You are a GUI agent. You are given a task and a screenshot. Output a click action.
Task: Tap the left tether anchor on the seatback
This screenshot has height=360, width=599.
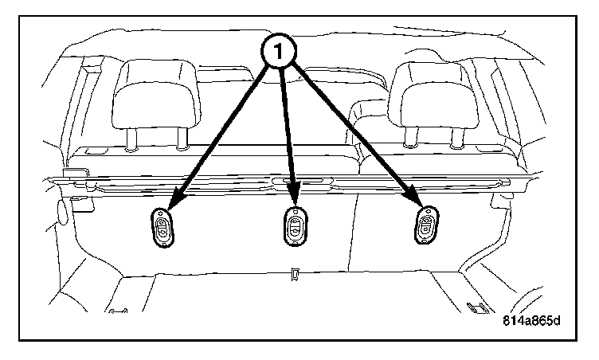(x=163, y=229)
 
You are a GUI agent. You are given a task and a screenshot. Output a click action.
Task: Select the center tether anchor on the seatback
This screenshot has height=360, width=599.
(x=294, y=229)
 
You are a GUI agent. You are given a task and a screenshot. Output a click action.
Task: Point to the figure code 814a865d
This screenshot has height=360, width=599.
(x=531, y=322)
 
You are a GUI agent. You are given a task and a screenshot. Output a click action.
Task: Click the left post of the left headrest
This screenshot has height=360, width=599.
(x=130, y=139)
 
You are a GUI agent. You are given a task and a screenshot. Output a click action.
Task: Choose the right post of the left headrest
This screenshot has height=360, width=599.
(x=179, y=139)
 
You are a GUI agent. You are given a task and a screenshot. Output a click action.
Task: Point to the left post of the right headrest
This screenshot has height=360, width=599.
(x=409, y=139)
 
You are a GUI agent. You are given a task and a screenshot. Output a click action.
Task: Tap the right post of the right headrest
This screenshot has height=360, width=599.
(x=457, y=139)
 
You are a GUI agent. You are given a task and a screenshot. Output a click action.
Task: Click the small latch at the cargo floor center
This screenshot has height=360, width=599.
(x=294, y=273)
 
